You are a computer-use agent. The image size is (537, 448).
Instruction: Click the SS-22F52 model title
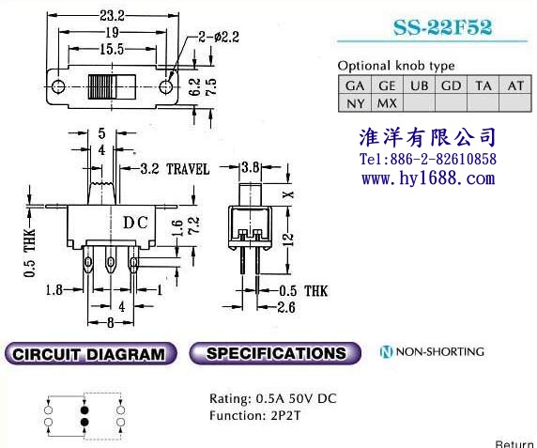coord(442,27)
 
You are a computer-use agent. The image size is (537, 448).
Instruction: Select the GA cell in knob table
coord(355,85)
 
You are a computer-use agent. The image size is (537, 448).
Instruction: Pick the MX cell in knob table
coord(387,103)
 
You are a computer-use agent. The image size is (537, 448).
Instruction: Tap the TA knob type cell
coord(483,85)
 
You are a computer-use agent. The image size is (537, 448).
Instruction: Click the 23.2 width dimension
coord(113,16)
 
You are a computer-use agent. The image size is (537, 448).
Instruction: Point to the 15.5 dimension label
coord(112,50)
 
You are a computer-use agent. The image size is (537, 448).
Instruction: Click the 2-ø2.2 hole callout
coord(219,37)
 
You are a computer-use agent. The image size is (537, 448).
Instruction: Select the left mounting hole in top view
coord(58,86)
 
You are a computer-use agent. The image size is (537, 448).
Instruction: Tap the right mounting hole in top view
coord(166,86)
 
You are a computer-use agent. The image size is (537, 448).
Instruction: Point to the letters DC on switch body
coord(135,223)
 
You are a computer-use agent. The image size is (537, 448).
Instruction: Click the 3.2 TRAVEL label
coord(175,169)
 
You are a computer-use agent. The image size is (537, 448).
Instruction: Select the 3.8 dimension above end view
coord(251,167)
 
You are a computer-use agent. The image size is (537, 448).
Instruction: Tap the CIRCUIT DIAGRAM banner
coord(90,353)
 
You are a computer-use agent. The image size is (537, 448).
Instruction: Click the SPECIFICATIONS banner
coord(275,353)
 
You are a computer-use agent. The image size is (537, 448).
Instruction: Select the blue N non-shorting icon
coord(386,352)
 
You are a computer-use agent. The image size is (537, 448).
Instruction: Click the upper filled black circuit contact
coord(84,410)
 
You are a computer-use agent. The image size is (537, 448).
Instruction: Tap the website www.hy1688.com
coord(428,178)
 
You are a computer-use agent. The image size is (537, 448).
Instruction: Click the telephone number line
coord(428,159)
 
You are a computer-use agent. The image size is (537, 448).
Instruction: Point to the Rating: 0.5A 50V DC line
coord(273,398)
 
